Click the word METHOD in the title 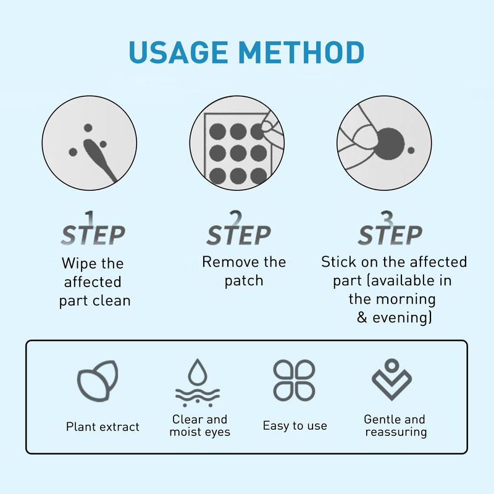point(302,53)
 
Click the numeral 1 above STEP point(91,218)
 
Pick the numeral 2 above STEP point(235,218)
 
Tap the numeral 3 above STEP point(387,218)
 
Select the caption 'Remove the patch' point(244,271)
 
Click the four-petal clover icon point(294,379)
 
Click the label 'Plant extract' point(103,427)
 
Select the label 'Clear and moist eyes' point(199,425)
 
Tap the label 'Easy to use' point(295,426)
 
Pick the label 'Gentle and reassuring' point(395,425)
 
